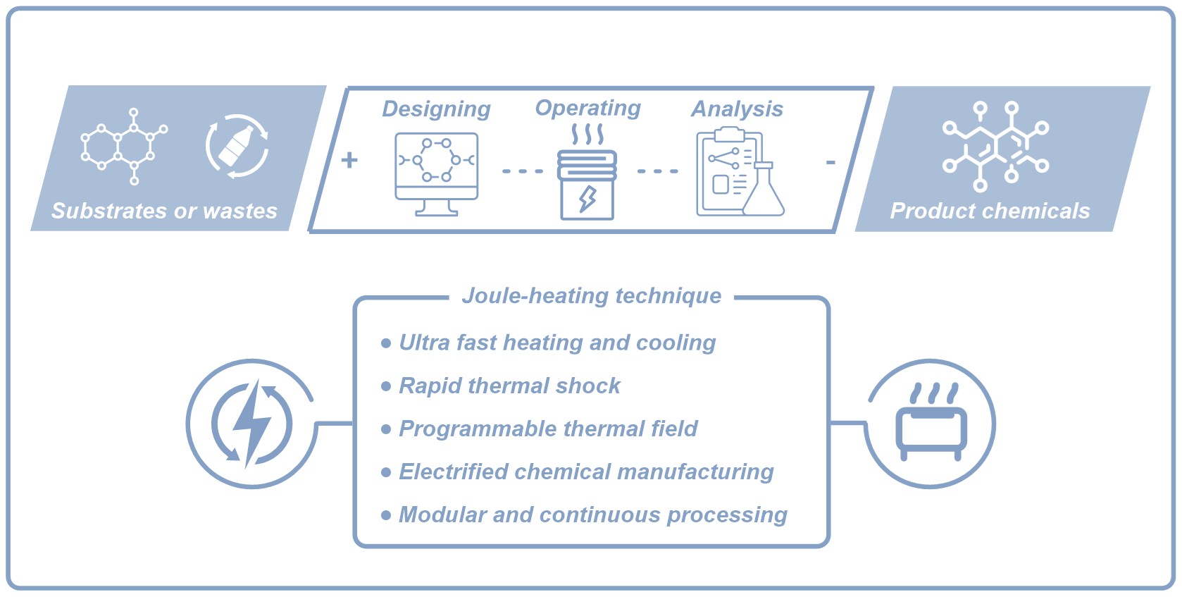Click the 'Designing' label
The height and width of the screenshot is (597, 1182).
click(x=437, y=109)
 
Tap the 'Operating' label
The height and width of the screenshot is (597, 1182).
click(x=588, y=109)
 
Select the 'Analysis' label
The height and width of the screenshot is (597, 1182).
click(x=738, y=109)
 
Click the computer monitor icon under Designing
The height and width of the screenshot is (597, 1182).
click(x=437, y=174)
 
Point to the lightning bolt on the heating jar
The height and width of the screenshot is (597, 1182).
click(x=587, y=199)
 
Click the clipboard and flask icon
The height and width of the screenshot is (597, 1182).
click(x=740, y=171)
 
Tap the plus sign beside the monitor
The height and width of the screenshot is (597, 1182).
click(x=349, y=159)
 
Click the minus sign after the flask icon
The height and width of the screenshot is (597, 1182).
click(x=830, y=162)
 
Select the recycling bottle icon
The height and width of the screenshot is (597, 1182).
click(x=237, y=146)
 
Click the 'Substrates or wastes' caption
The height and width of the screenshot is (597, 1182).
click(x=164, y=211)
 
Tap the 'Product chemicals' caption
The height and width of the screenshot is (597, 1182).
click(x=990, y=211)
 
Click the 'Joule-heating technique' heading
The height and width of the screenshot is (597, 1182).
click(x=592, y=295)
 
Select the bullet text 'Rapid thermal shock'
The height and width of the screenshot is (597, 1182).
click(x=510, y=386)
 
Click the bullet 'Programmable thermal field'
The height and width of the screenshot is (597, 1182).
click(x=548, y=429)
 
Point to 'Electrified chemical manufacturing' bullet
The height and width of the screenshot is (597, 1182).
click(x=586, y=472)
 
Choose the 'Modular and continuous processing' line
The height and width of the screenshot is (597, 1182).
click(x=593, y=515)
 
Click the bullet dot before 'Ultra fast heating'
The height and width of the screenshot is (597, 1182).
click(x=386, y=343)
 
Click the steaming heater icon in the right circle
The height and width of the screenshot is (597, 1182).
click(x=931, y=421)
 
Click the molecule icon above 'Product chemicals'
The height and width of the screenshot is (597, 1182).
click(x=996, y=146)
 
